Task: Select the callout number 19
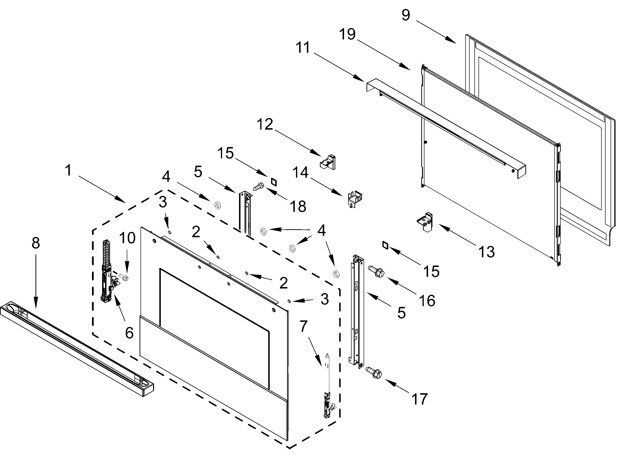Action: point(347,34)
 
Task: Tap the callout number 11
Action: point(303,48)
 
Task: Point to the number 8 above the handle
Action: point(36,243)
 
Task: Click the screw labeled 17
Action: point(373,372)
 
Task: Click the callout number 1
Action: point(68,170)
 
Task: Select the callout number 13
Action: point(486,252)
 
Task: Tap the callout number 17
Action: point(419,399)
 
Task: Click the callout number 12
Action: point(265,124)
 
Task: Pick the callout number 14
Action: point(300,172)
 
